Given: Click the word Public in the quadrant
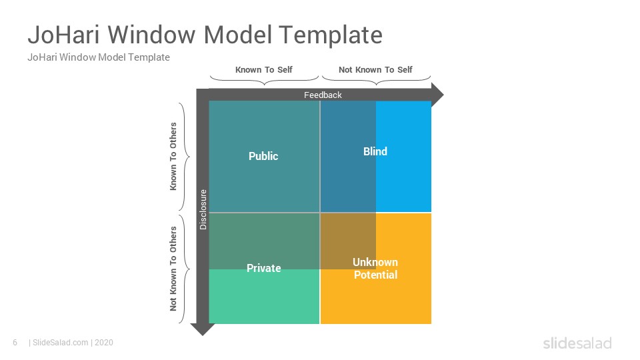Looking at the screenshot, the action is (263, 156).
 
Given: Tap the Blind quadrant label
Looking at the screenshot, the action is (375, 151).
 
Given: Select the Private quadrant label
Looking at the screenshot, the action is (264, 268).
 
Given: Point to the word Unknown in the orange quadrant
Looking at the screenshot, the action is (375, 262).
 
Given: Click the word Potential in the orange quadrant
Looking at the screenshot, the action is (375, 275).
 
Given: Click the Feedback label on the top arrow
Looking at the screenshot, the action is (323, 95).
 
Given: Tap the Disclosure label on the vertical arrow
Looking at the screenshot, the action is (203, 209).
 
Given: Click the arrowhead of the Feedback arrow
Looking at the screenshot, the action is (437, 95).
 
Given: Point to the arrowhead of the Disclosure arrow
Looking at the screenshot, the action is (203, 329).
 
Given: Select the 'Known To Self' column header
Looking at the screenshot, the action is (264, 70).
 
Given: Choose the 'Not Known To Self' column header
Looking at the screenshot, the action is (375, 70).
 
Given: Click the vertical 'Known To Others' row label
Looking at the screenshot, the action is (173, 156).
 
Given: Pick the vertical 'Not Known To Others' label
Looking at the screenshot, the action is (173, 269).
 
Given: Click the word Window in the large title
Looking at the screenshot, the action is (152, 35).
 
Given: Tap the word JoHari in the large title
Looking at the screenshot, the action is (64, 35).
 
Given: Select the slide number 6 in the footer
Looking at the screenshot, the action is (15, 343).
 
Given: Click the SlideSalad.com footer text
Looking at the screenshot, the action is (61, 343).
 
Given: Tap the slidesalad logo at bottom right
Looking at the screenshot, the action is (577, 343).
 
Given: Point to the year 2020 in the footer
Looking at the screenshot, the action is (104, 343).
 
